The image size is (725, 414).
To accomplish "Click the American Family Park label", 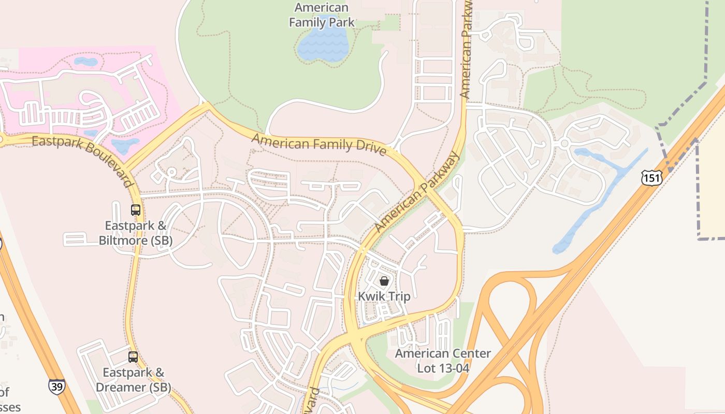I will pyautogui.click(x=322, y=15).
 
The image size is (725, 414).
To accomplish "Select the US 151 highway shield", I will pyautogui.click(x=651, y=178).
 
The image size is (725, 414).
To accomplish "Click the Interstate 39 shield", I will pyautogui.click(x=57, y=387).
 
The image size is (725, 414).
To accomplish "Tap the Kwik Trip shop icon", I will pyautogui.click(x=384, y=281).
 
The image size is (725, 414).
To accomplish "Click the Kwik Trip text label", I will pyautogui.click(x=384, y=297).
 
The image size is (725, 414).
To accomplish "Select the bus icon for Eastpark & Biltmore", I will pyautogui.click(x=136, y=210).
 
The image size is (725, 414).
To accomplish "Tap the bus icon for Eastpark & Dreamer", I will pyautogui.click(x=133, y=357).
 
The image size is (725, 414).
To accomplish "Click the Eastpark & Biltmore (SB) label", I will pyautogui.click(x=136, y=233).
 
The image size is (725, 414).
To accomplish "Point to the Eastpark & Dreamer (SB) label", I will pyautogui.click(x=133, y=380).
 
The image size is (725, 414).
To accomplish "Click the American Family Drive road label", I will pyautogui.click(x=320, y=143).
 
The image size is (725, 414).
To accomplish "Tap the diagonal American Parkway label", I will pyautogui.click(x=417, y=192).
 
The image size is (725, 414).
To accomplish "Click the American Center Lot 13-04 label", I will pyautogui.click(x=443, y=361).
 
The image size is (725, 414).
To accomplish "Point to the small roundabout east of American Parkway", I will pyautogui.click(x=564, y=143).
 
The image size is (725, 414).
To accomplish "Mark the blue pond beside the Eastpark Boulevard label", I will pyautogui.click(x=125, y=145).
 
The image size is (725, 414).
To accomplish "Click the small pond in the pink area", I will pyautogui.click(x=85, y=62).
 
